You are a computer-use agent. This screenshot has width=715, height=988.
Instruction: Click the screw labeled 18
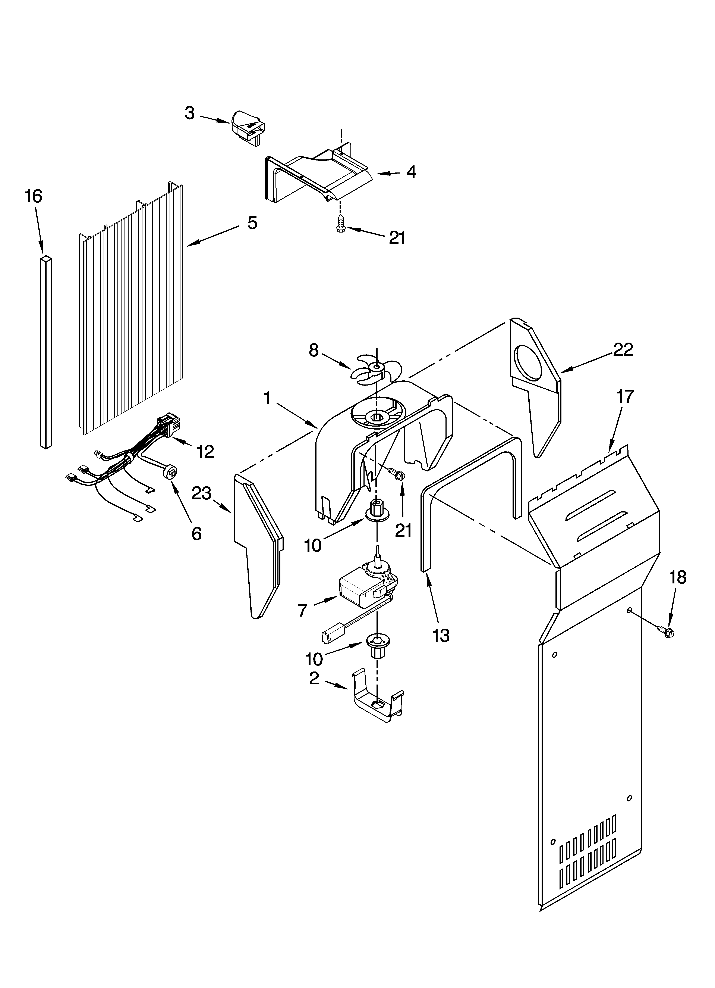(667, 631)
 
